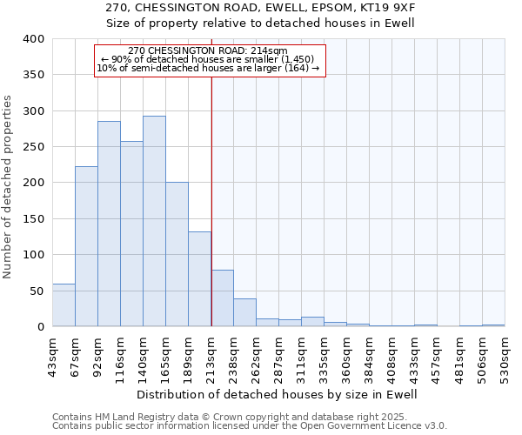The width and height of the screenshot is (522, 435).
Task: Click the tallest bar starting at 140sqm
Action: coord(154,221)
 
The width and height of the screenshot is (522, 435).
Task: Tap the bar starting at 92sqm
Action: coord(109,224)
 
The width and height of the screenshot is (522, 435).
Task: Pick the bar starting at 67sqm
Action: coord(86,246)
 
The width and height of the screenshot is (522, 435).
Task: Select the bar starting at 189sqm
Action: coord(199,278)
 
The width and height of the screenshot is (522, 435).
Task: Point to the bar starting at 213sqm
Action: coord(223,298)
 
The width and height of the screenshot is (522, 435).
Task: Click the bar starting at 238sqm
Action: coord(244,312)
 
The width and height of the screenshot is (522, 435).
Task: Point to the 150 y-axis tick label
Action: coord(33,219)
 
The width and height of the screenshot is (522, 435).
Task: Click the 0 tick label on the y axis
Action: coord(40,327)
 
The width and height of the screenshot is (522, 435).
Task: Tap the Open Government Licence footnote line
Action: coord(250,426)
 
